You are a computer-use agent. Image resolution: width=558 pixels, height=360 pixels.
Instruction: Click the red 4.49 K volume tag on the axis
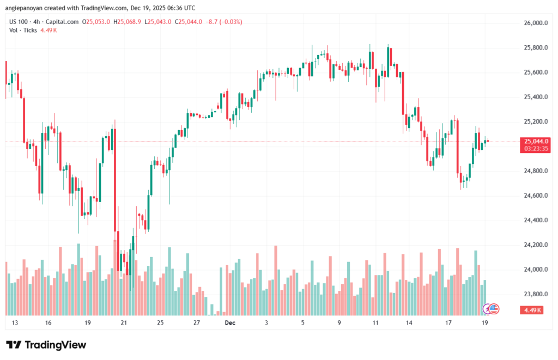pos(531,310)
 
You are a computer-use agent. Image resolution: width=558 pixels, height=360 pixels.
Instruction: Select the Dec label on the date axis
pos(230,323)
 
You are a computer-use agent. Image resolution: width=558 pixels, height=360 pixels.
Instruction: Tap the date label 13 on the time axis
pos(15,323)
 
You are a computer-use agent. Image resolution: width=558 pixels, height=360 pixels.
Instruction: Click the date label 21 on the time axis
pos(124,323)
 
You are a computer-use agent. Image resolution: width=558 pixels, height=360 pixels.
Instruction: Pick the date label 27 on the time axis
pos(197,323)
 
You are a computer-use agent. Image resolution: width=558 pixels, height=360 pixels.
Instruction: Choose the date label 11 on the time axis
pos(375,323)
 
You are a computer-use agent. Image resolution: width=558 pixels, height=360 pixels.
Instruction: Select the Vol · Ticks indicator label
pos(23,30)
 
